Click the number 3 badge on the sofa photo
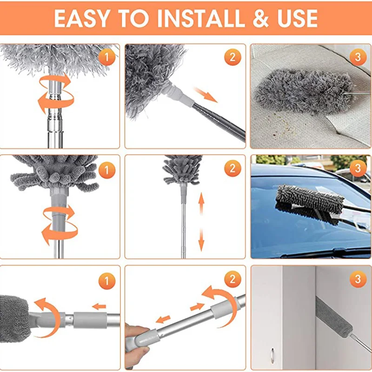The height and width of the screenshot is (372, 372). (358, 57)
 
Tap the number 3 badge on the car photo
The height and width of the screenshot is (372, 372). (358, 168)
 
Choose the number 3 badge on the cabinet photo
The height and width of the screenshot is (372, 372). (358, 279)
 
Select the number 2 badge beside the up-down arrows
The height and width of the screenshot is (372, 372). (232, 168)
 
